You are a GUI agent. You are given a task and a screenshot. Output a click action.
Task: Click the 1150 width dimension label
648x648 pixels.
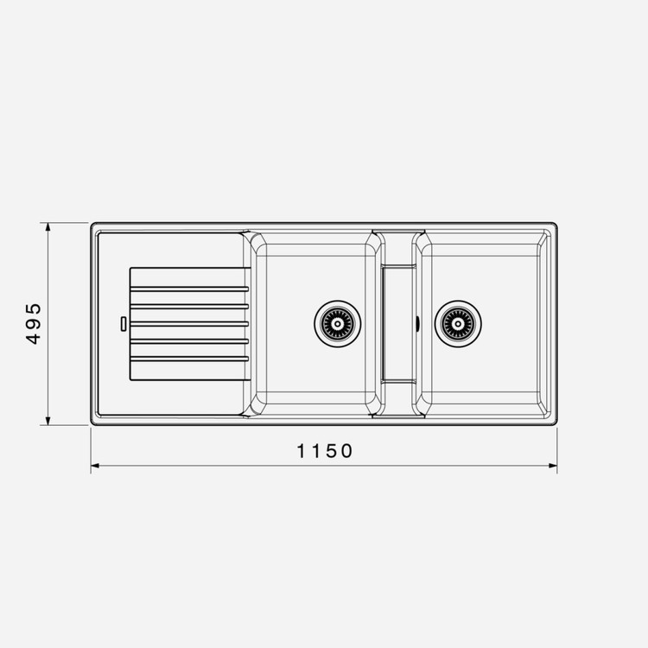pyautogui.click(x=324, y=451)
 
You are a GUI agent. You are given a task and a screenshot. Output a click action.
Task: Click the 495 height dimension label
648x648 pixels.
pyautogui.click(x=34, y=324)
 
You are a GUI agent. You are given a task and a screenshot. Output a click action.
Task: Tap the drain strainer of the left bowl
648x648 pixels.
pyautogui.click(x=337, y=324)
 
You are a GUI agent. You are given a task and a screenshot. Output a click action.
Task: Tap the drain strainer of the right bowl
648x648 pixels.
pyautogui.click(x=458, y=324)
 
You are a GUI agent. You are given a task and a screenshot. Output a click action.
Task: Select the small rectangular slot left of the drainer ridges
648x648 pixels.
pyautogui.click(x=124, y=324)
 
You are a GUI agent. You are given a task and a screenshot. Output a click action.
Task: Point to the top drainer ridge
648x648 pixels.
pyautogui.click(x=190, y=289)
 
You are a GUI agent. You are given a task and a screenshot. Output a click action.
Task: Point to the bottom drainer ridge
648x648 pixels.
pyautogui.click(x=190, y=359)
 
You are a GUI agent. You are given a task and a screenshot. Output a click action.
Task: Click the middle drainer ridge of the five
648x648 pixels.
pyautogui.click(x=190, y=324)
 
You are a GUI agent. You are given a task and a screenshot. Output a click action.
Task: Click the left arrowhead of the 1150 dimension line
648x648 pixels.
pyautogui.click(x=95, y=466)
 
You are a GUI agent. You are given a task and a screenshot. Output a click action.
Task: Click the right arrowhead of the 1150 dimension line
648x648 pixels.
pyautogui.click(x=553, y=466)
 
